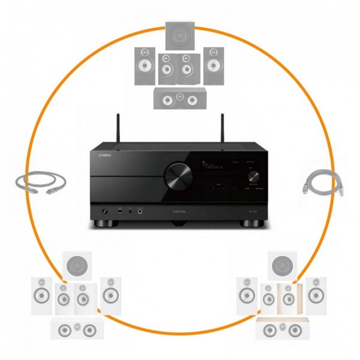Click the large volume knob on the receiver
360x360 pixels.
pyautogui.click(x=179, y=176)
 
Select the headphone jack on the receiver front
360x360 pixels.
pyautogui.click(x=105, y=212)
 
